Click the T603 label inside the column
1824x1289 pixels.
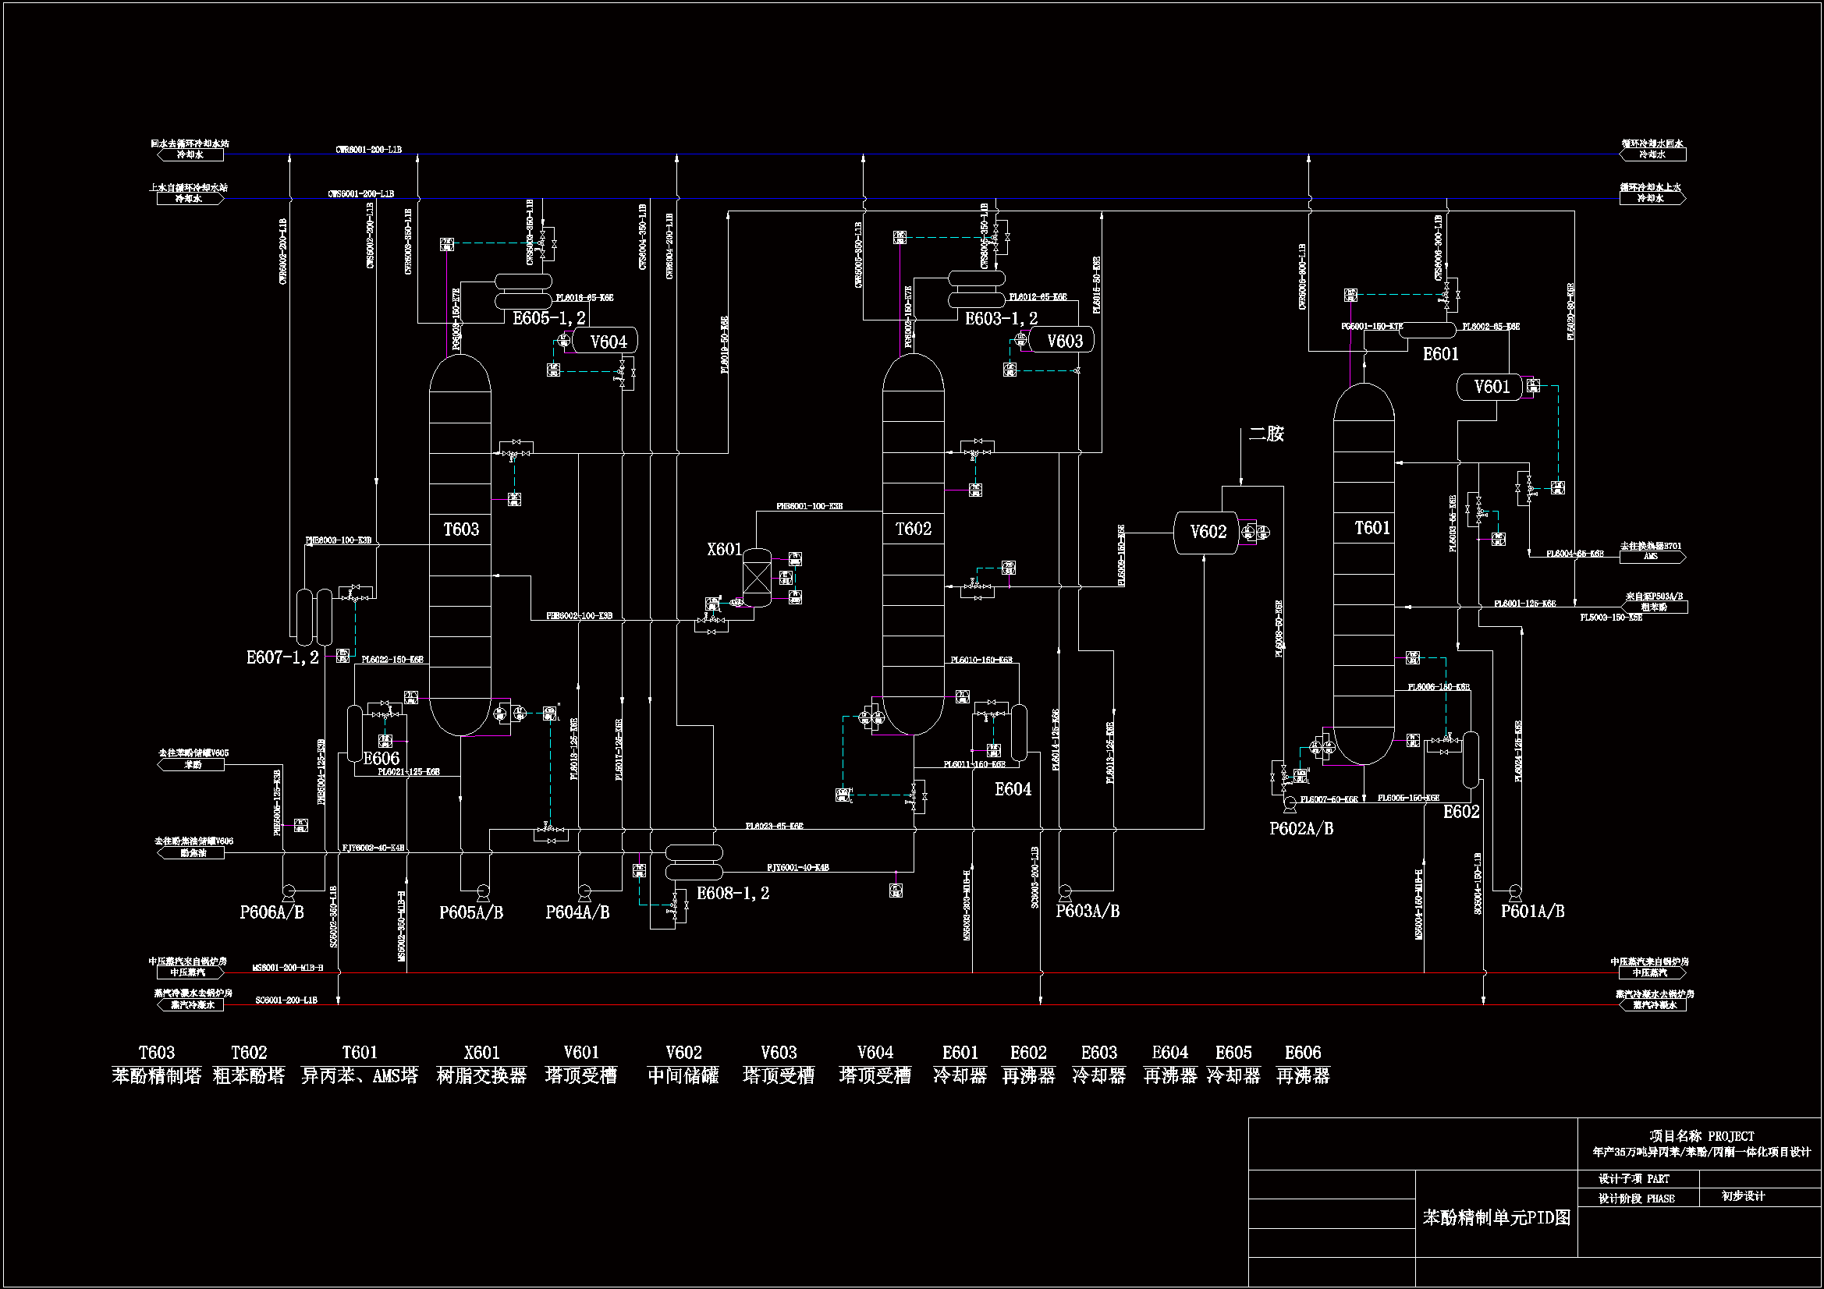point(461,529)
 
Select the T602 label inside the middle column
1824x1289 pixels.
point(913,529)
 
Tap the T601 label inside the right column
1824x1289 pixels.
point(1372,528)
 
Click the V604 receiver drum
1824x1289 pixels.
point(605,342)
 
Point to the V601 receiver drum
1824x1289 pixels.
point(1489,387)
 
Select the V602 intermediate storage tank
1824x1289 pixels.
point(1206,532)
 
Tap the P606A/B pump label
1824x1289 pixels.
point(271,912)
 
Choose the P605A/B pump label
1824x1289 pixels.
point(471,912)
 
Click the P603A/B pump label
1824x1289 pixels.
point(1087,911)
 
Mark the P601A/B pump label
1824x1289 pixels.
point(1532,911)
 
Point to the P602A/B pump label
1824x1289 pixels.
point(1301,828)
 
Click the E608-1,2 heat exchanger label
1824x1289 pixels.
point(733,894)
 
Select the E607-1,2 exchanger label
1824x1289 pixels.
point(282,657)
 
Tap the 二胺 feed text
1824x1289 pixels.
point(1266,434)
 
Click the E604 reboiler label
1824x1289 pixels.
point(1013,789)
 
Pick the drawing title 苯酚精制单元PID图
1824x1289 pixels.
point(1496,1217)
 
